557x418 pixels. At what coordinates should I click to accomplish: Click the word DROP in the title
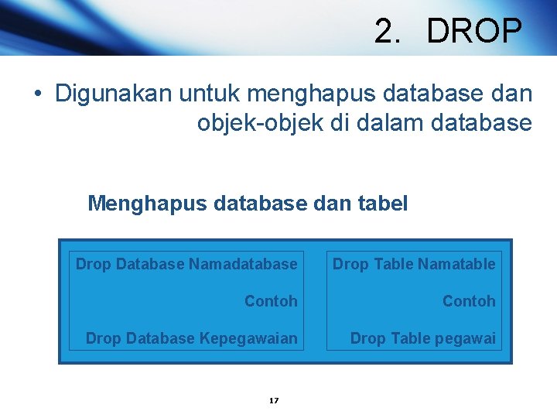click(x=474, y=32)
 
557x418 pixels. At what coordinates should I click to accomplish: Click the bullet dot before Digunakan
click(x=37, y=94)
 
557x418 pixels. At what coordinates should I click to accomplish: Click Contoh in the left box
click(x=271, y=301)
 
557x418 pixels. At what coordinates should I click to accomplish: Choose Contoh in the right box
click(x=469, y=301)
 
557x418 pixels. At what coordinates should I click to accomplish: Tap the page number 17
click(x=273, y=400)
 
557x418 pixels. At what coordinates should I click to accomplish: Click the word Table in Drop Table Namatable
click(x=394, y=264)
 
